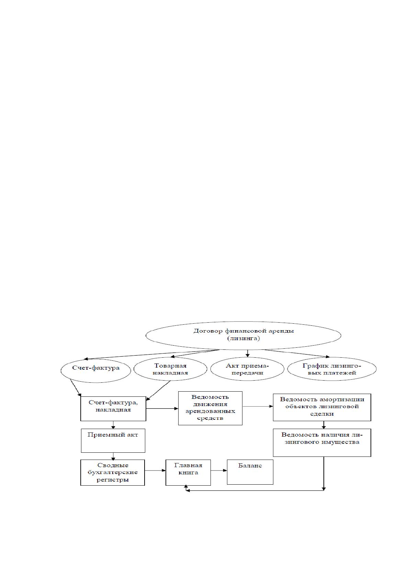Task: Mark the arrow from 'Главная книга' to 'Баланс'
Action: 219,471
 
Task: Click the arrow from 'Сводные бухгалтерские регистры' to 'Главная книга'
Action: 155,471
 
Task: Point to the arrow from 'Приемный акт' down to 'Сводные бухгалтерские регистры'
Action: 113,456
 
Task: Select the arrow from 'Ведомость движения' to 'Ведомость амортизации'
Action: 258,406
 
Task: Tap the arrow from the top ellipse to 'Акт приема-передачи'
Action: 247,354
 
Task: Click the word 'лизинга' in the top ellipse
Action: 243,338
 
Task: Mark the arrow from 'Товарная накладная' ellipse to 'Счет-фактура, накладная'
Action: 158,391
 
